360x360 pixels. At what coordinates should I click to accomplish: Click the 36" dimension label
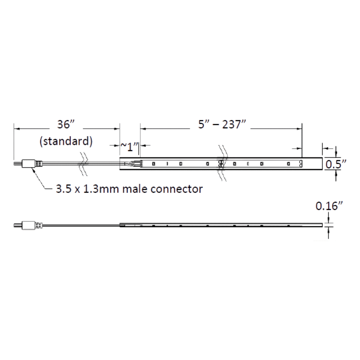[x=66, y=124]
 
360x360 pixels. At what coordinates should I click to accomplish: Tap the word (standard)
[x=66, y=141]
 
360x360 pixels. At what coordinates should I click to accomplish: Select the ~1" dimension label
[x=130, y=147]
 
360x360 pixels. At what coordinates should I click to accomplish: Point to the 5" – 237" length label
[x=222, y=124]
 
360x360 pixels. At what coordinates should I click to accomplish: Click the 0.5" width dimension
[x=336, y=164]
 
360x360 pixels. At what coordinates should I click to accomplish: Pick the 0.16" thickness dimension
[x=329, y=206]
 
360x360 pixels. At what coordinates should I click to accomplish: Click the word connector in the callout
[x=176, y=189]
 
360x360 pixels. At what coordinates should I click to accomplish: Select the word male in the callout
[x=135, y=189]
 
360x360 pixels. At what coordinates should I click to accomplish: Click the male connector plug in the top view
[x=28, y=163]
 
